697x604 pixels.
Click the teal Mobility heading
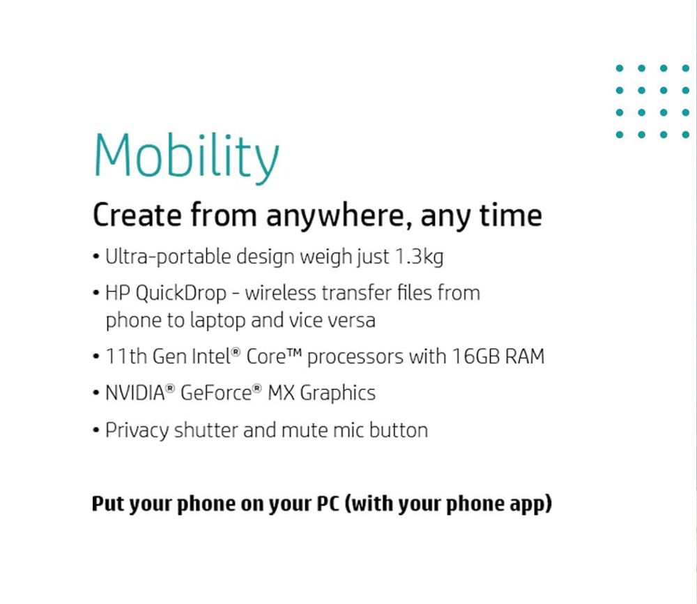pyautogui.click(x=186, y=158)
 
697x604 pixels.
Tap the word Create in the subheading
pyautogui.click(x=137, y=216)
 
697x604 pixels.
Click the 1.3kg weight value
pyautogui.click(x=419, y=258)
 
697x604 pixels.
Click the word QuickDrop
pyautogui.click(x=181, y=294)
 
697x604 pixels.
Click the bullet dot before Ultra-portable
pyautogui.click(x=95, y=257)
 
